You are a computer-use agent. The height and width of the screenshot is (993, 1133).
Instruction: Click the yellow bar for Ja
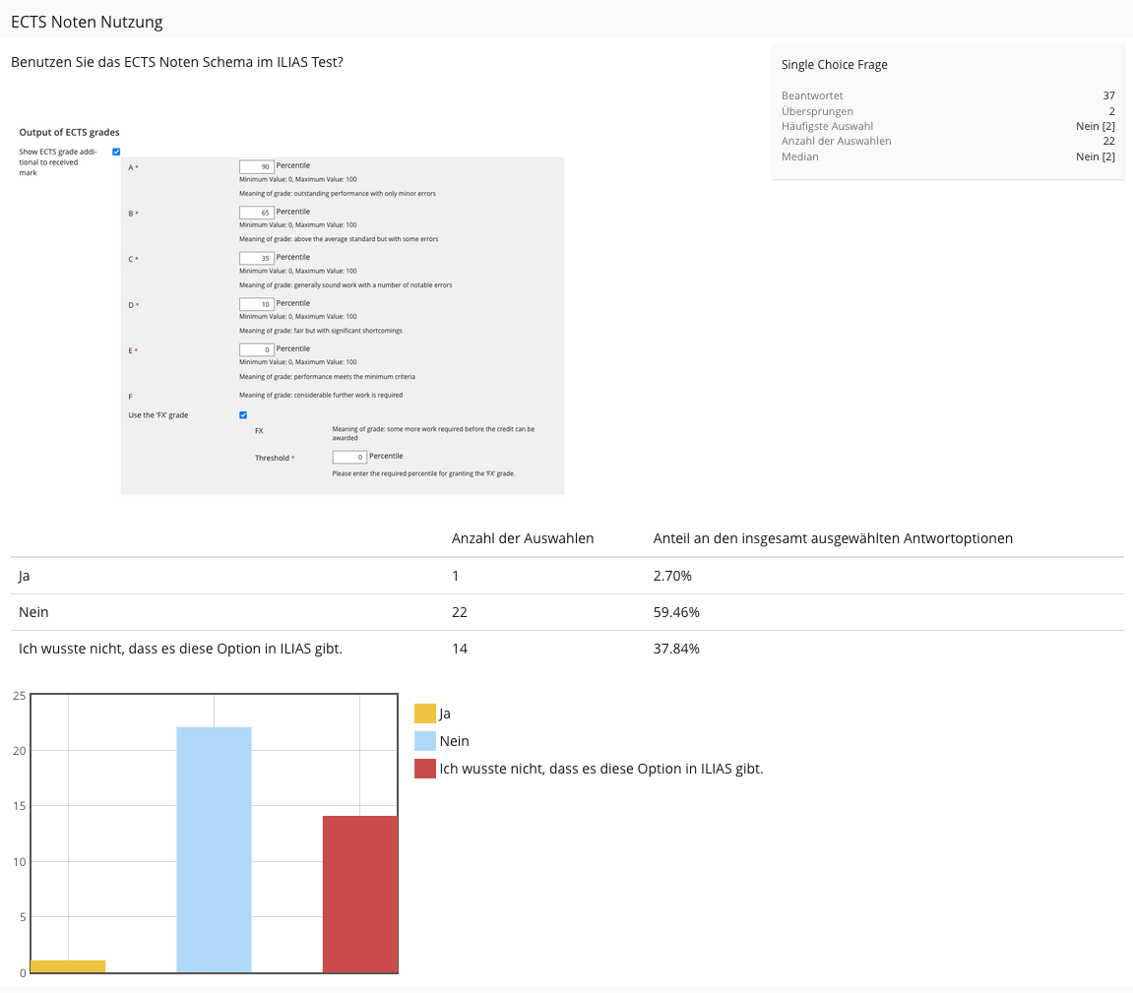[68, 966]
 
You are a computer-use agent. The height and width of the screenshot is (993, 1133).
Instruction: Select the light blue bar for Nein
[214, 849]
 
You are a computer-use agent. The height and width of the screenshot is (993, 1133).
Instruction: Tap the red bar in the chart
[360, 894]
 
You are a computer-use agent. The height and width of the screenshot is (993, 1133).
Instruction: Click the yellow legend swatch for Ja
[425, 714]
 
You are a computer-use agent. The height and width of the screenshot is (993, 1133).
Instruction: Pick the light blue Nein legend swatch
[425, 741]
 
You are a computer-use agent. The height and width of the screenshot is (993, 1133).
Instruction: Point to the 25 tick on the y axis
[19, 696]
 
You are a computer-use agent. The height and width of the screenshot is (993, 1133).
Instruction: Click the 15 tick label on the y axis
[19, 807]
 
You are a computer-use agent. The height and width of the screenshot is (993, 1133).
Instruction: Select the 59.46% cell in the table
[676, 612]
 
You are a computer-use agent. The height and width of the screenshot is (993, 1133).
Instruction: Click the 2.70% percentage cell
[672, 576]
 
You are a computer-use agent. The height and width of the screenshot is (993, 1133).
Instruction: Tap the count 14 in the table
[460, 649]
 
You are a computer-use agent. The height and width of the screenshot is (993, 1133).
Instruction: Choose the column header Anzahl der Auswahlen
[522, 538]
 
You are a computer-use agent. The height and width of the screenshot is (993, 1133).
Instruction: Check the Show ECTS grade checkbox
[116, 152]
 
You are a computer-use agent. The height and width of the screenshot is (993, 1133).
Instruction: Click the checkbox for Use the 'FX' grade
[243, 415]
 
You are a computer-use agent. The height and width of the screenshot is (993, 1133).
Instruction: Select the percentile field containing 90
[256, 167]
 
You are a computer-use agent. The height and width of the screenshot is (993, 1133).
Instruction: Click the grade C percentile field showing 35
[256, 258]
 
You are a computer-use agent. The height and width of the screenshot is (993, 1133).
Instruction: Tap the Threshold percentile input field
[349, 457]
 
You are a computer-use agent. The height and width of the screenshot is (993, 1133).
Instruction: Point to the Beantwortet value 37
[1108, 95]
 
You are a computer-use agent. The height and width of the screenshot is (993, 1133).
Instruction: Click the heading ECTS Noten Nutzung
[87, 22]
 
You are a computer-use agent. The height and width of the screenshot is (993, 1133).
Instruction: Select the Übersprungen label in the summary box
[817, 111]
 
